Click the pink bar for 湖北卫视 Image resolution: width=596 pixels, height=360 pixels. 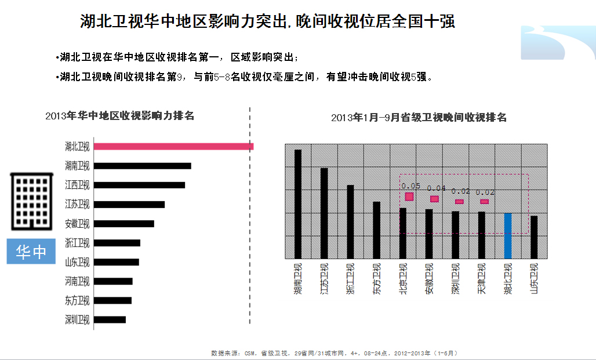coord(174,147)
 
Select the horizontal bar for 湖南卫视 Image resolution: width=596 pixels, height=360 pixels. coord(143,166)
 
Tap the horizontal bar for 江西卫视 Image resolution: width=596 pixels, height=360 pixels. coord(140,185)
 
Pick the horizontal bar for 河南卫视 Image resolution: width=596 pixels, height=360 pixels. coord(114,281)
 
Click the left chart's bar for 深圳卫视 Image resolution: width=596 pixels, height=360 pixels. coord(110,319)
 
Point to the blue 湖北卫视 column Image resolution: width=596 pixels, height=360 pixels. coord(508,236)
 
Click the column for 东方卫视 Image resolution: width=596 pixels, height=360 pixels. coord(376,230)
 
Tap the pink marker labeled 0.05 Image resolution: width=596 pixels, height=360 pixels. coord(409,197)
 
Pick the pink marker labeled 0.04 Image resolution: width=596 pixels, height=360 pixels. coord(434,199)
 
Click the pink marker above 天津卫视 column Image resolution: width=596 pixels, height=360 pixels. coord(484,202)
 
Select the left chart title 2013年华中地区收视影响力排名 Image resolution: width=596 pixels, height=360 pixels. coord(119,115)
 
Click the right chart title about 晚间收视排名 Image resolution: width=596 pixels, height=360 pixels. coord(419,118)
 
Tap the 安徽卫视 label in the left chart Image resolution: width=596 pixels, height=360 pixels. coord(77,224)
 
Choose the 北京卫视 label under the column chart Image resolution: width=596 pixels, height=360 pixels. coord(403,280)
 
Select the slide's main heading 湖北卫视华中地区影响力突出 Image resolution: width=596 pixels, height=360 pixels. coord(267,21)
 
